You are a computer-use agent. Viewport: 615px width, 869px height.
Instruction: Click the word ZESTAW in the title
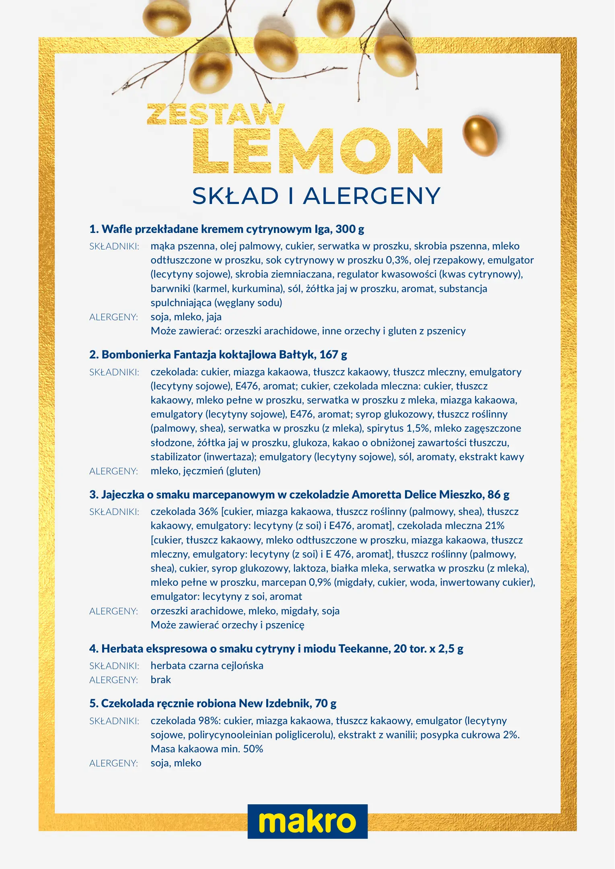tap(216, 115)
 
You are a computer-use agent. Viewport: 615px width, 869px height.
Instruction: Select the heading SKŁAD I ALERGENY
tap(316, 196)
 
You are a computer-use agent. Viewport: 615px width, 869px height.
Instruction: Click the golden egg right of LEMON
tap(479, 135)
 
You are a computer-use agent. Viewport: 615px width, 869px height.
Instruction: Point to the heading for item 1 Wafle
tap(226, 229)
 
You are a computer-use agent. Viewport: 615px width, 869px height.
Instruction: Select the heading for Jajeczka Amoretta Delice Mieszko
tap(299, 495)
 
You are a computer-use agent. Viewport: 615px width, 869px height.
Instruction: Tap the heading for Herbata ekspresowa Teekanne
tap(276, 649)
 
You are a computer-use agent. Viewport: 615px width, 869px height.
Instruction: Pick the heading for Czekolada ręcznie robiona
tap(213, 704)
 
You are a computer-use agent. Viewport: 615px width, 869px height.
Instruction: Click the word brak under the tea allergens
tap(161, 680)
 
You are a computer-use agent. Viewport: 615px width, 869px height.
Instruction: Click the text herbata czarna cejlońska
tap(207, 666)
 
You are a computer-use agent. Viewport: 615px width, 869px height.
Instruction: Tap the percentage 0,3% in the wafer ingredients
tap(397, 260)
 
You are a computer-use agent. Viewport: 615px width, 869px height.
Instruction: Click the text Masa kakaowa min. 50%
tap(207, 749)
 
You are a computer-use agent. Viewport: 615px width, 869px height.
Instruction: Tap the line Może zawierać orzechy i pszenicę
tap(227, 625)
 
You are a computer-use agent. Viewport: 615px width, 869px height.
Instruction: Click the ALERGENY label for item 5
tap(113, 764)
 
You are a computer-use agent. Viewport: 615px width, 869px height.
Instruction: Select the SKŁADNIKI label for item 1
tap(114, 247)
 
